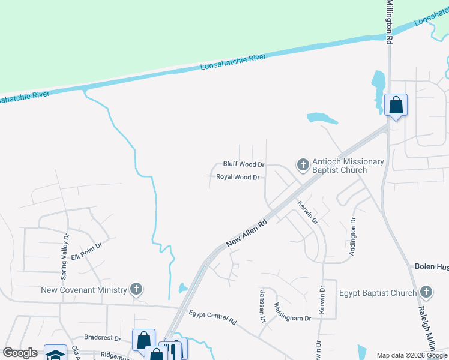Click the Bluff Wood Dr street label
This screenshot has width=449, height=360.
tap(244, 164)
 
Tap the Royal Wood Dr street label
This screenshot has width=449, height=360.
tap(238, 178)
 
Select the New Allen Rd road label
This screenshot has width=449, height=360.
tap(247, 233)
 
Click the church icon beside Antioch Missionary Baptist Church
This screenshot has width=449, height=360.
tap(303, 164)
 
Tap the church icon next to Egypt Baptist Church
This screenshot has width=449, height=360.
tap(426, 293)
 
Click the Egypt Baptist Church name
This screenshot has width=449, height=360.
tap(378, 293)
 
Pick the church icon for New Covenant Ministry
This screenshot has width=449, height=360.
tap(136, 290)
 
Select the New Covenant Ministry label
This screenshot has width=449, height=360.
tap(84, 290)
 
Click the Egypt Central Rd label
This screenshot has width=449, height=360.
tap(212, 317)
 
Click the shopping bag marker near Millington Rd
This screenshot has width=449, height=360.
tap(396, 105)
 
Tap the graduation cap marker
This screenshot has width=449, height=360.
tap(55, 354)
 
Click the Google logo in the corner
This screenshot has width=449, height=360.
tap(20, 353)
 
